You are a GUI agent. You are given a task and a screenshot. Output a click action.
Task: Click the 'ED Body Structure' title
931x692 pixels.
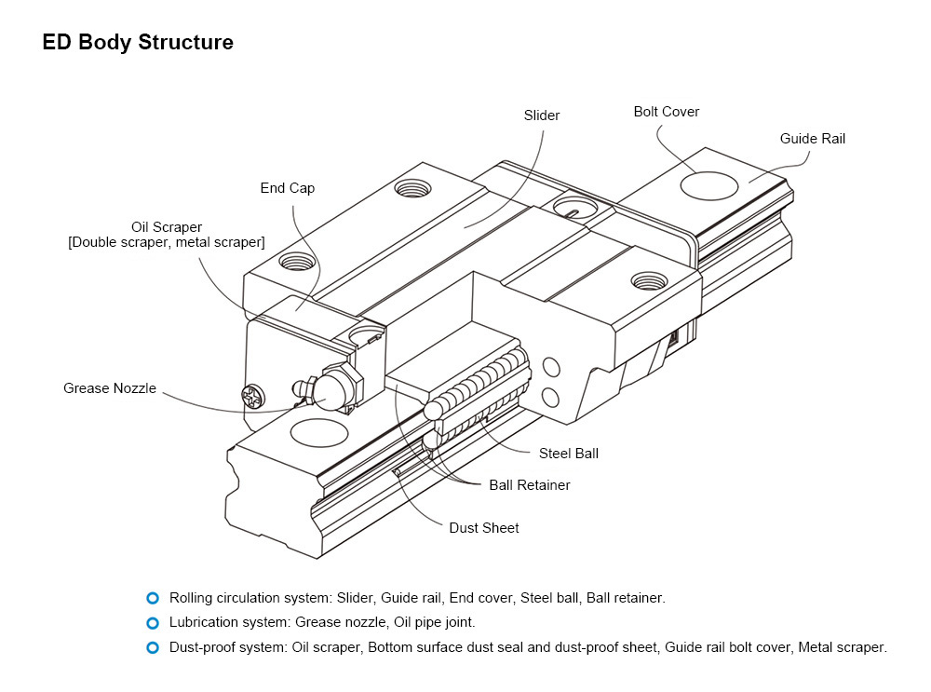coord(138,43)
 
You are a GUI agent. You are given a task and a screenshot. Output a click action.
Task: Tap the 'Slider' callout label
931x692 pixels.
coord(542,115)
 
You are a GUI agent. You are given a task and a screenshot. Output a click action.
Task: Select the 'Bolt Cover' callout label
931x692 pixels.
coord(667,112)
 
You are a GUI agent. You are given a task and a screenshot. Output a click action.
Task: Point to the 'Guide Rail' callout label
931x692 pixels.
coord(813,139)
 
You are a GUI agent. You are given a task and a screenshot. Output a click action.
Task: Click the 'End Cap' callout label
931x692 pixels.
coord(288,188)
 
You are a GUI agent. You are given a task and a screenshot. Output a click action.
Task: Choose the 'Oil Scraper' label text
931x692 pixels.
coord(167,227)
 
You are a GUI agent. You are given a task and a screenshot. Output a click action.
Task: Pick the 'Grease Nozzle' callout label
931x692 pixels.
coord(110,388)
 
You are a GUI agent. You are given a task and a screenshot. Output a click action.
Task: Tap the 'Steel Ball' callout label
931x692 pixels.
coord(569,454)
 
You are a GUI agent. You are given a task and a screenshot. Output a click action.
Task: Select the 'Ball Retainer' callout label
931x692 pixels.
coord(530,484)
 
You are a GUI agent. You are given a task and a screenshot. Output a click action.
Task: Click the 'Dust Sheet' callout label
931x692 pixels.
coord(484,528)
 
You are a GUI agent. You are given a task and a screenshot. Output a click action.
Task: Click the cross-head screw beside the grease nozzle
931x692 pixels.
coord(252,396)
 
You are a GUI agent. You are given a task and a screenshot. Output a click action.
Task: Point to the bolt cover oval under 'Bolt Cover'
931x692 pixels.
coord(709,185)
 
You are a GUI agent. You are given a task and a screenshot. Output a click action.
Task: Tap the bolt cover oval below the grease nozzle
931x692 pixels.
coord(319,432)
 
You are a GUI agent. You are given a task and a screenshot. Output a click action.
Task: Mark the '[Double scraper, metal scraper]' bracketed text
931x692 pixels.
coord(167,242)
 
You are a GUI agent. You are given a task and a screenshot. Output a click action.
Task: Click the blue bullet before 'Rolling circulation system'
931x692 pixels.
coord(153,598)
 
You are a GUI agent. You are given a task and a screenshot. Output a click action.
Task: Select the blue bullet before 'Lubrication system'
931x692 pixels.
coord(153,622)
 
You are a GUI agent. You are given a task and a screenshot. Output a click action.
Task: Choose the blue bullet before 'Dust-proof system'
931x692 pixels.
coord(153,646)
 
